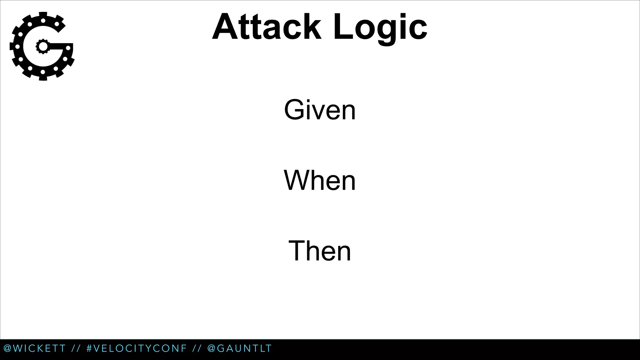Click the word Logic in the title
[380, 27]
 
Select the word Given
[320, 110]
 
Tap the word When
[320, 180]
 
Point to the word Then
[320, 251]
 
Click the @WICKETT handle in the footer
[35, 348]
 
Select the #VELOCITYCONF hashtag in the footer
[137, 348]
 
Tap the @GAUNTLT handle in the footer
[240, 348]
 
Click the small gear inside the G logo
[43, 47]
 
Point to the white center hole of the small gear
[43, 47]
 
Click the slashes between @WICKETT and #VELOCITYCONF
[76, 348]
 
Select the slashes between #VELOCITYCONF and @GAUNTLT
[197, 348]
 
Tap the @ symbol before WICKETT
[7, 348]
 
